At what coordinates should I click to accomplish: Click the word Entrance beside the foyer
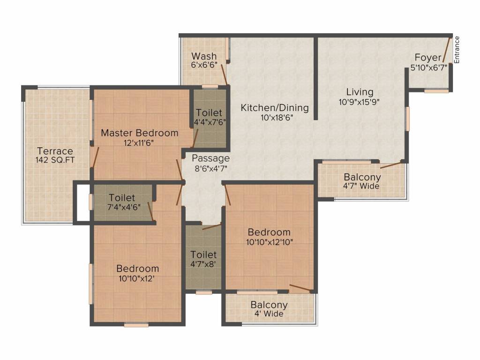click(457, 50)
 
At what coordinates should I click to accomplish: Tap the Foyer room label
click(428, 57)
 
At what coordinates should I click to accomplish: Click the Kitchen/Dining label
click(275, 108)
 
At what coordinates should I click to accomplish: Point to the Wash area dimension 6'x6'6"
click(204, 65)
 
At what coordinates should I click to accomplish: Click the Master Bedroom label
click(140, 133)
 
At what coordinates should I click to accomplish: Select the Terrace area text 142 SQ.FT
click(55, 160)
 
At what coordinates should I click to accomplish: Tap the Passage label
click(210, 158)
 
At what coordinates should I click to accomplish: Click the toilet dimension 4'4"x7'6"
click(210, 122)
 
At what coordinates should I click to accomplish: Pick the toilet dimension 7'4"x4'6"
click(124, 207)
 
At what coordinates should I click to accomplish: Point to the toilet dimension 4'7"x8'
click(203, 264)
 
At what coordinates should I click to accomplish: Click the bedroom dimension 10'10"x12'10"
click(270, 242)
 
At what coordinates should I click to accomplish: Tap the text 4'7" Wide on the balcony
click(361, 186)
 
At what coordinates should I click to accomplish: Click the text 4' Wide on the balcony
click(269, 314)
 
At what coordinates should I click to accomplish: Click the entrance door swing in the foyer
click(447, 50)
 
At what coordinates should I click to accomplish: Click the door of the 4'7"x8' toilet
click(211, 226)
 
